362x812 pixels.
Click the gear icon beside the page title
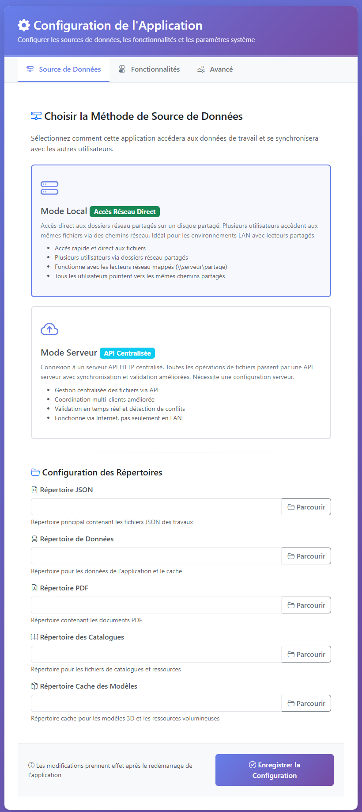pos(24,25)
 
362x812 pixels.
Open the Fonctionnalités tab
pos(149,69)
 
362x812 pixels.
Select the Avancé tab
pos(215,69)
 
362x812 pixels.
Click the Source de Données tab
pos(64,69)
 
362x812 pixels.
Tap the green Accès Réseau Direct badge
pos(124,212)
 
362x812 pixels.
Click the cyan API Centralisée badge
pos(127,353)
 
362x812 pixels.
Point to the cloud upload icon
pos(49,329)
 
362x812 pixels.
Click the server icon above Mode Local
pos(49,188)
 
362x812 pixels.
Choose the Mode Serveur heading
pos(69,353)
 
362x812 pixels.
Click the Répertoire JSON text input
pos(156,507)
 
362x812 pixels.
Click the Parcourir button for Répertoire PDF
pos(306,605)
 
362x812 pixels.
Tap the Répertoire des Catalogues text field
pos(156,654)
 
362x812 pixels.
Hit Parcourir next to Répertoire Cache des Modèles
pos(306,703)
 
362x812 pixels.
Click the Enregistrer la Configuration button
pos(275,770)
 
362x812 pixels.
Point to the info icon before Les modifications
pos(31,765)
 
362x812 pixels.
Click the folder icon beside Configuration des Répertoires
pos(35,472)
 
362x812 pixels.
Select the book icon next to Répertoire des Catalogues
pos(34,637)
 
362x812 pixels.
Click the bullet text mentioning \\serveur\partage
pos(141,267)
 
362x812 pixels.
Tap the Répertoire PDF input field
pos(156,605)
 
